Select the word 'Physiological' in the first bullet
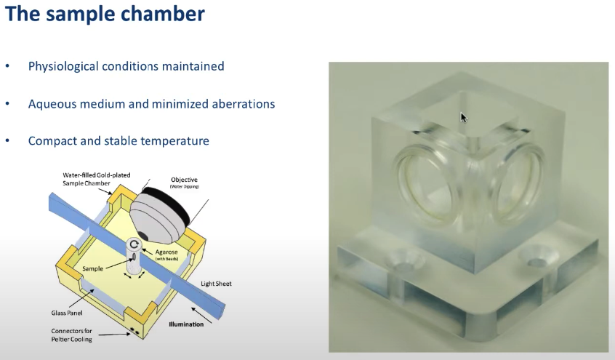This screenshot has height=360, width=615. [63, 66]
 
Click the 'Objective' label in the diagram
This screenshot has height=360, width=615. [185, 180]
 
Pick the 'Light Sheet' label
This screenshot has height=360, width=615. [216, 284]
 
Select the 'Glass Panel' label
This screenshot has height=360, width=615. [67, 313]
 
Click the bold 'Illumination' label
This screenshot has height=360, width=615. [186, 324]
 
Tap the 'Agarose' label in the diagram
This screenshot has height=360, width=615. [166, 252]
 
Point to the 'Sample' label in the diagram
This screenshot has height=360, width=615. [92, 269]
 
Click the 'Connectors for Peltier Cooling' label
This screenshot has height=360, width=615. [71, 335]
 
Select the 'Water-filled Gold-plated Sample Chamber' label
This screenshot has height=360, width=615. [97, 179]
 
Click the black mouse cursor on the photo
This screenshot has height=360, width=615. [464, 117]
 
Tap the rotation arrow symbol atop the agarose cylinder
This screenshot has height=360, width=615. [134, 244]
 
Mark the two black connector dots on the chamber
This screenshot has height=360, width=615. [134, 332]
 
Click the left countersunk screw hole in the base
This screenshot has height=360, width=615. [404, 261]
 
